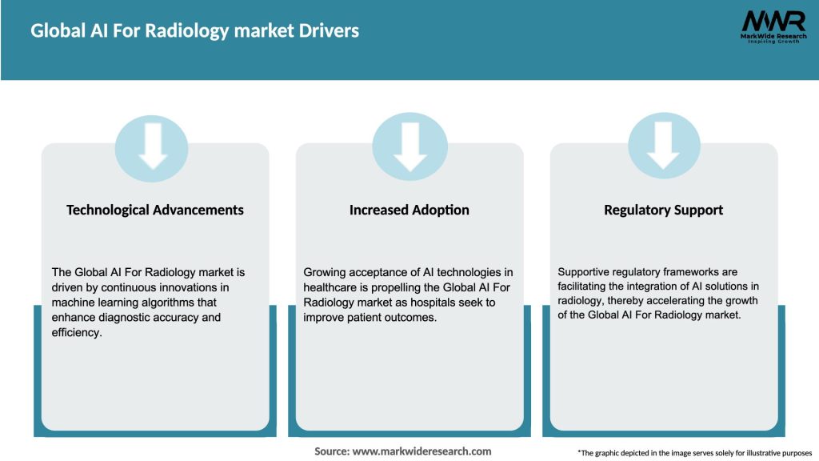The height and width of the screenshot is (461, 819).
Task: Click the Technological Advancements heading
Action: [x=154, y=210]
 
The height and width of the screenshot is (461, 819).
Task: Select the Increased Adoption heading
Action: [x=409, y=210]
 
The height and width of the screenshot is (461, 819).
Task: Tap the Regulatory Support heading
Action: [x=663, y=210]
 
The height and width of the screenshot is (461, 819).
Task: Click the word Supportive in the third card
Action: [x=585, y=272]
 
